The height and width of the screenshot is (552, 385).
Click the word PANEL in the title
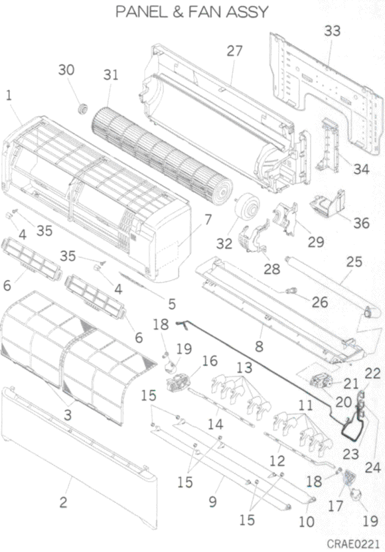coord(141,12)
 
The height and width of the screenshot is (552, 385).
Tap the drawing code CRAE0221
coord(353,543)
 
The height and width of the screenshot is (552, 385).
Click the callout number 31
coord(111,74)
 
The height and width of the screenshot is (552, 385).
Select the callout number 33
coord(332,31)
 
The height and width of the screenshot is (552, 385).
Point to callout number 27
coord(234,50)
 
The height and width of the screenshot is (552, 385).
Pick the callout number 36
coord(361,223)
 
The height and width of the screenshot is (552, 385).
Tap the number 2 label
coord(63,502)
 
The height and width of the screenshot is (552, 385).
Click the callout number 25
coord(354,261)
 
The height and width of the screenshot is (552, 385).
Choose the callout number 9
coord(212,502)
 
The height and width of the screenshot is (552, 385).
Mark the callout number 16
coord(210,361)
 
